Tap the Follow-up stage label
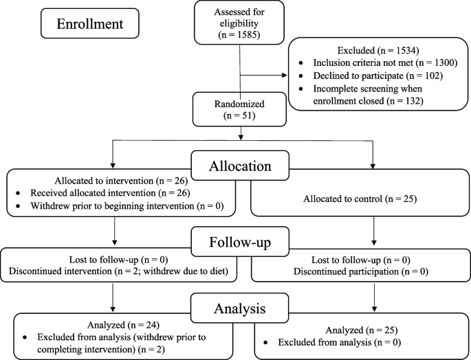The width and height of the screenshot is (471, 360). coord(236,244)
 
